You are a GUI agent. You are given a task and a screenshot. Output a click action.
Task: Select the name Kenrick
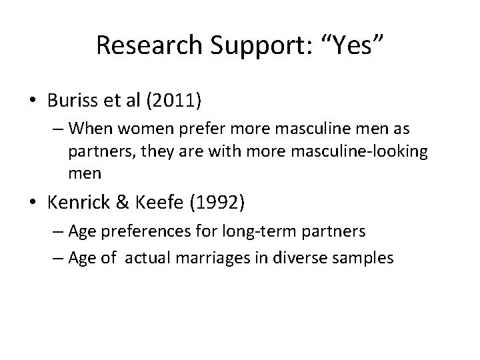click(x=77, y=201)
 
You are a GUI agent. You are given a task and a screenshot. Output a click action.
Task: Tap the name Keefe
click(x=150, y=201)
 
